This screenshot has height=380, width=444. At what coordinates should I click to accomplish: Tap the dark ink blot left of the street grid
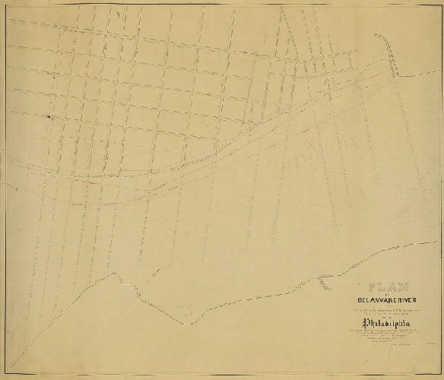48,116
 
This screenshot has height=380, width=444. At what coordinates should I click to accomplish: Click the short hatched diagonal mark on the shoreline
324,283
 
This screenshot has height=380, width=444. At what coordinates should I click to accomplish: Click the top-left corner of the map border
5,6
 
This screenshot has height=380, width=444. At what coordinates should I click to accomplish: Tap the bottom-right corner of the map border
439,374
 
